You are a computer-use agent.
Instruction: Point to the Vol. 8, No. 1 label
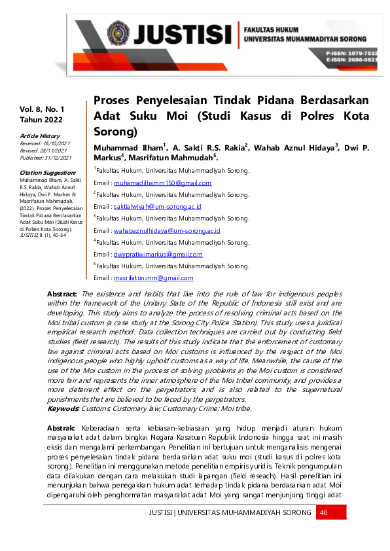coord(42,108)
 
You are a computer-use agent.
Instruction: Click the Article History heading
coord(39,135)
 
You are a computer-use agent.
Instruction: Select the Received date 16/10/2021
coord(45,143)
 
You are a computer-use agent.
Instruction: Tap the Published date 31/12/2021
coord(46,158)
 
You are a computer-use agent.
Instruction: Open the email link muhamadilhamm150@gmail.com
coord(162,183)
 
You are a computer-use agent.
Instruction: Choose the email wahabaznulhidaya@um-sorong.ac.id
coord(167,230)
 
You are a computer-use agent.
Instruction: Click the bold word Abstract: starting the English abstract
coord(62,295)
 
